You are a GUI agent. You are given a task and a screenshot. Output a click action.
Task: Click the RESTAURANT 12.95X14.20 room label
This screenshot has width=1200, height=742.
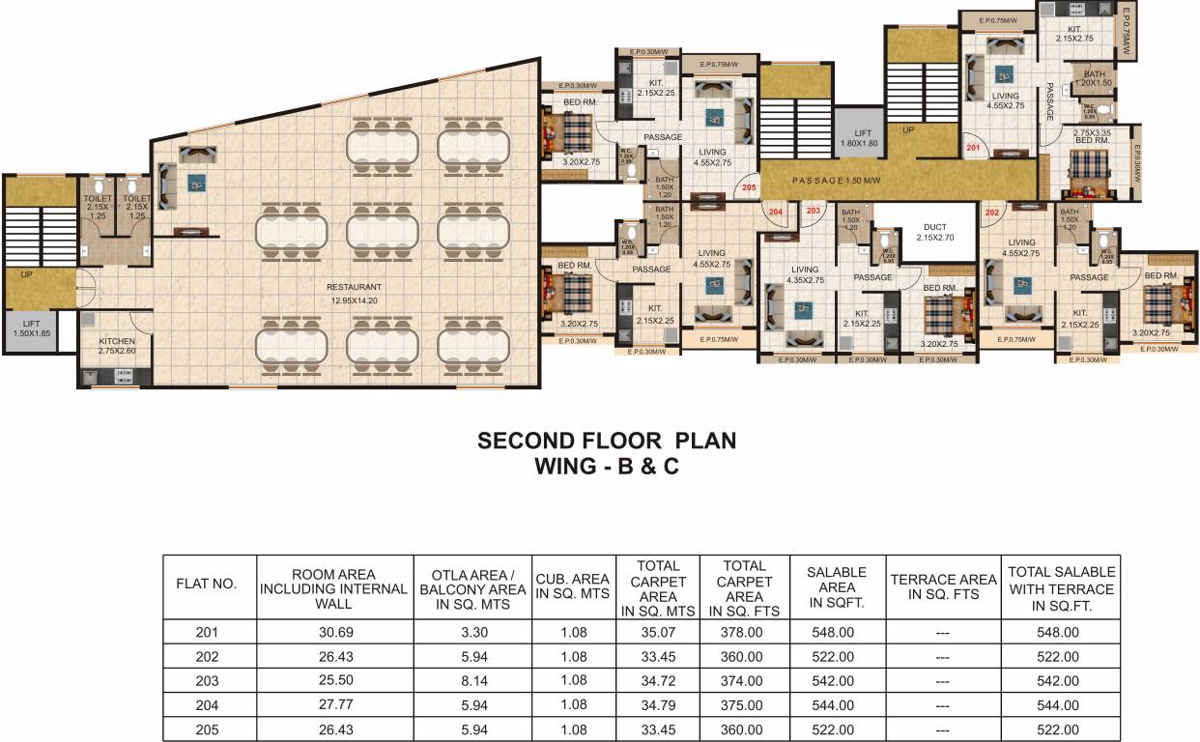[354, 293]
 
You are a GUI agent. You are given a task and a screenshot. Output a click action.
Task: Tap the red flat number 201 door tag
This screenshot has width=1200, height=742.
[973, 148]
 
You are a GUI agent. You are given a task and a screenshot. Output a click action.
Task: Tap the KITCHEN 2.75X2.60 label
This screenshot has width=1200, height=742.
[117, 347]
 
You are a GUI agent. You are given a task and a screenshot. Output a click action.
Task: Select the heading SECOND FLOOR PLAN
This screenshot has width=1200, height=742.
[607, 441]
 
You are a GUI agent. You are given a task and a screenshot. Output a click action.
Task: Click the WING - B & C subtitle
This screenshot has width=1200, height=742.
[607, 466]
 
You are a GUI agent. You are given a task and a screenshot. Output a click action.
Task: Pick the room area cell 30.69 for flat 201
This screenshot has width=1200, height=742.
[334, 633]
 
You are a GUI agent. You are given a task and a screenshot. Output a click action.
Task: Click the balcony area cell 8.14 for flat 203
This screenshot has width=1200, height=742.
[472, 681]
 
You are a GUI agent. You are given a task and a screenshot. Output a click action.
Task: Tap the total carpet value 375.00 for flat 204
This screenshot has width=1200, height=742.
[744, 705]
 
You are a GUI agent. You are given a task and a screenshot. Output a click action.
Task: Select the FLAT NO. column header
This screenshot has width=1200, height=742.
[206, 584]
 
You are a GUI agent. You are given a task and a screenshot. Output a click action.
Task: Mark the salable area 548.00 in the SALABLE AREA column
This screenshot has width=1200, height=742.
[836, 633]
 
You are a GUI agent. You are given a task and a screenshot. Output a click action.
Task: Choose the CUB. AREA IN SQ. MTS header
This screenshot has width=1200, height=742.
[573, 585]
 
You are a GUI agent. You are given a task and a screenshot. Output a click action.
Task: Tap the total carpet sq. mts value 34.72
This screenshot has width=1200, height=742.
[657, 681]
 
